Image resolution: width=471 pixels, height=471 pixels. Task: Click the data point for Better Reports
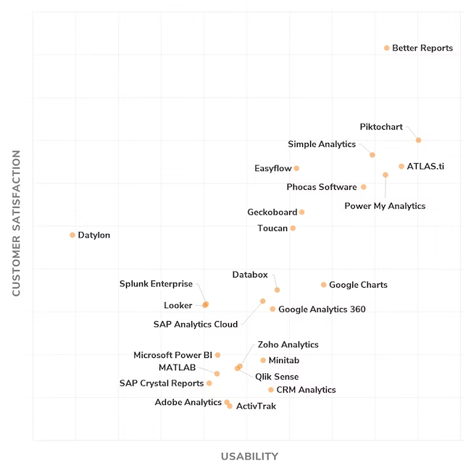[386, 48]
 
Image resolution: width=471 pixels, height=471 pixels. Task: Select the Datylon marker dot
[72, 235]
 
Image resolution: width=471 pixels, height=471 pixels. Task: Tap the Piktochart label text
[381, 127]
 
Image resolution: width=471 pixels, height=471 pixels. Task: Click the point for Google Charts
[324, 285]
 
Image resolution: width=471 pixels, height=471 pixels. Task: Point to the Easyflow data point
[296, 168]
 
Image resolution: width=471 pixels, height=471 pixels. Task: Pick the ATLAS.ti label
[425, 167]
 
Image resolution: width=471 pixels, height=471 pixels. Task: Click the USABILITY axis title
[249, 457]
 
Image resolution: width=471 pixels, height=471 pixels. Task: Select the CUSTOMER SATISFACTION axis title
[16, 223]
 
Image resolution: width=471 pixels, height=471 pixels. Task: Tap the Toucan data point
[293, 228]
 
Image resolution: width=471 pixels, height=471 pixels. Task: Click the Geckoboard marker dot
[301, 212]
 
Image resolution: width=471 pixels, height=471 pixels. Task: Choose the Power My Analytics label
[385, 206]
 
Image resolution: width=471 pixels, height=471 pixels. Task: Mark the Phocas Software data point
[364, 187]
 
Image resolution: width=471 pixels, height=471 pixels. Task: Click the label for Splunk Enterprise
[156, 284]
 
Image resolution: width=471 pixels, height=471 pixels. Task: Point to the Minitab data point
[263, 360]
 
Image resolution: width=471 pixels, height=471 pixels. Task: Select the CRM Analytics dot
[271, 390]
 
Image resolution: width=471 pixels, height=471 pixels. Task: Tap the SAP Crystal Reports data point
[209, 383]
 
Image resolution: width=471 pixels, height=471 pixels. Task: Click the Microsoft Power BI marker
[217, 355]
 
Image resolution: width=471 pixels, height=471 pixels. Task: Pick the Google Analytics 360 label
[322, 309]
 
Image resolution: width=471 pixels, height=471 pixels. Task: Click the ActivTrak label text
[256, 407]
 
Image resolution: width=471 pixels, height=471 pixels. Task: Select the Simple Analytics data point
[372, 154]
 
